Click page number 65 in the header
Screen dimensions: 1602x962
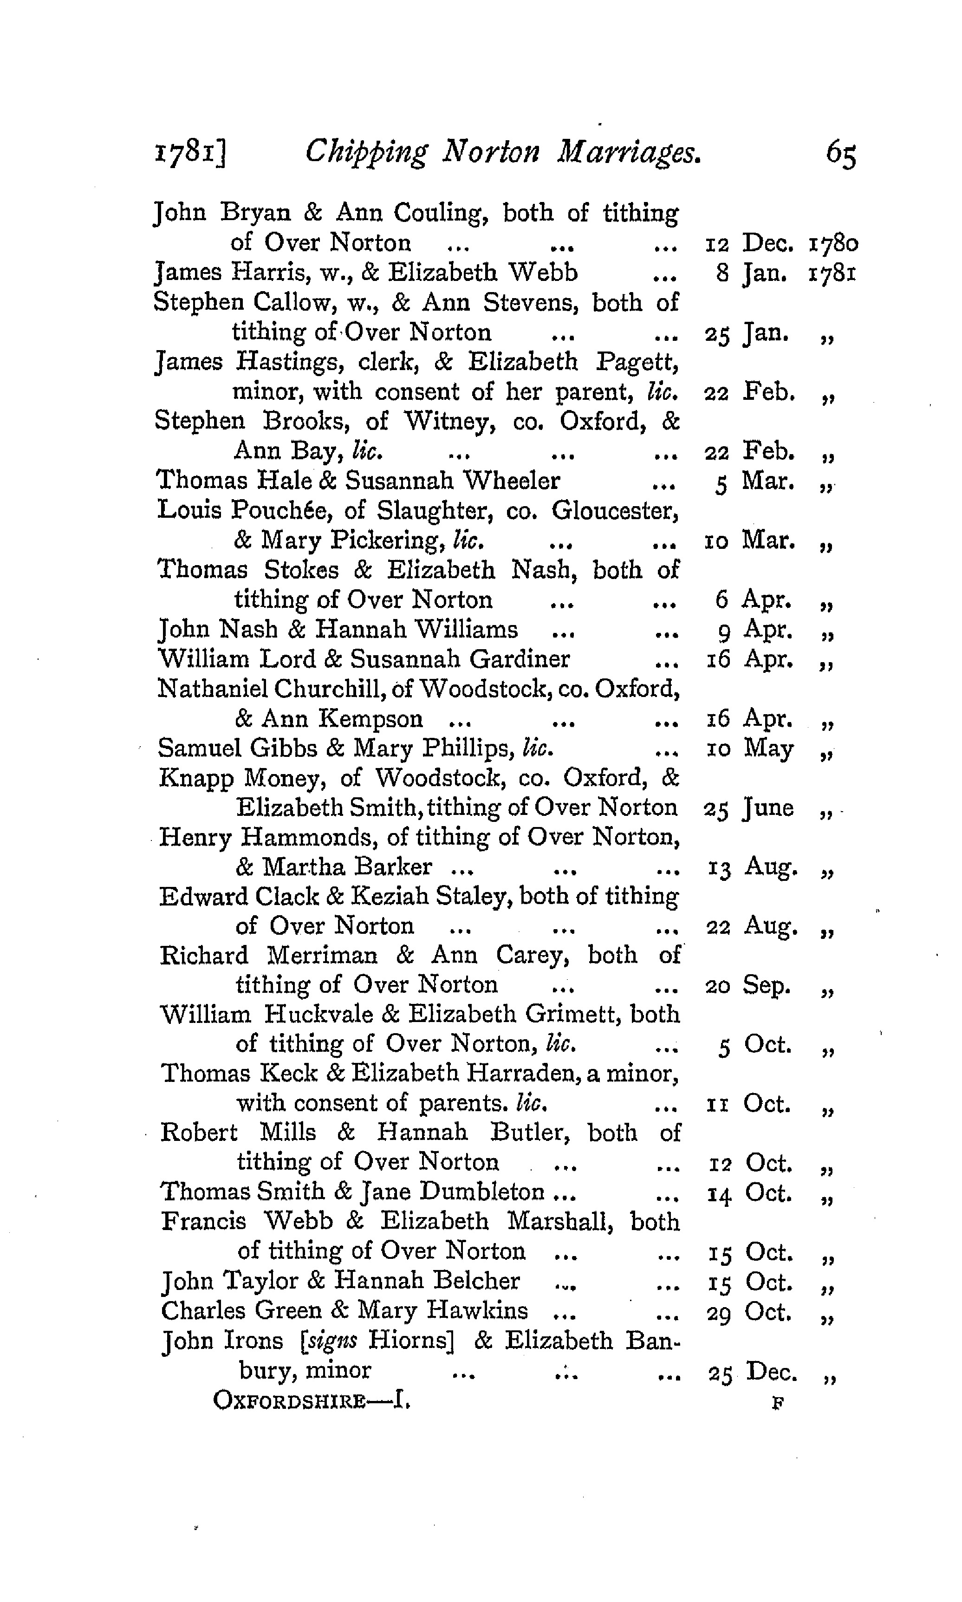841,156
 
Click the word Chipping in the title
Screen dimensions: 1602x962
366,153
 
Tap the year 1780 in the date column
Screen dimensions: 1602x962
834,244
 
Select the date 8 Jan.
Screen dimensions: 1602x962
752,273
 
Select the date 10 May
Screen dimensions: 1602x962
749,749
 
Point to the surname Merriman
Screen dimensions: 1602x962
322,956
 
